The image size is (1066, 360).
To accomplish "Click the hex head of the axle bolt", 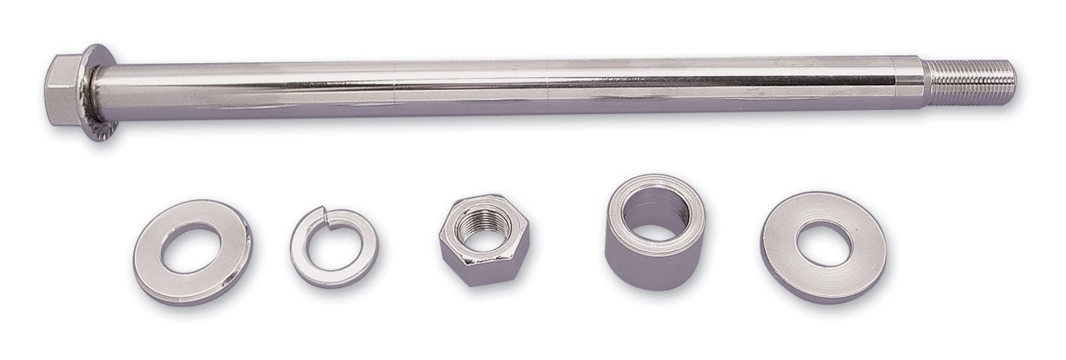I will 61,89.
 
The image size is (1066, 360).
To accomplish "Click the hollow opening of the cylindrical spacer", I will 655,208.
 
